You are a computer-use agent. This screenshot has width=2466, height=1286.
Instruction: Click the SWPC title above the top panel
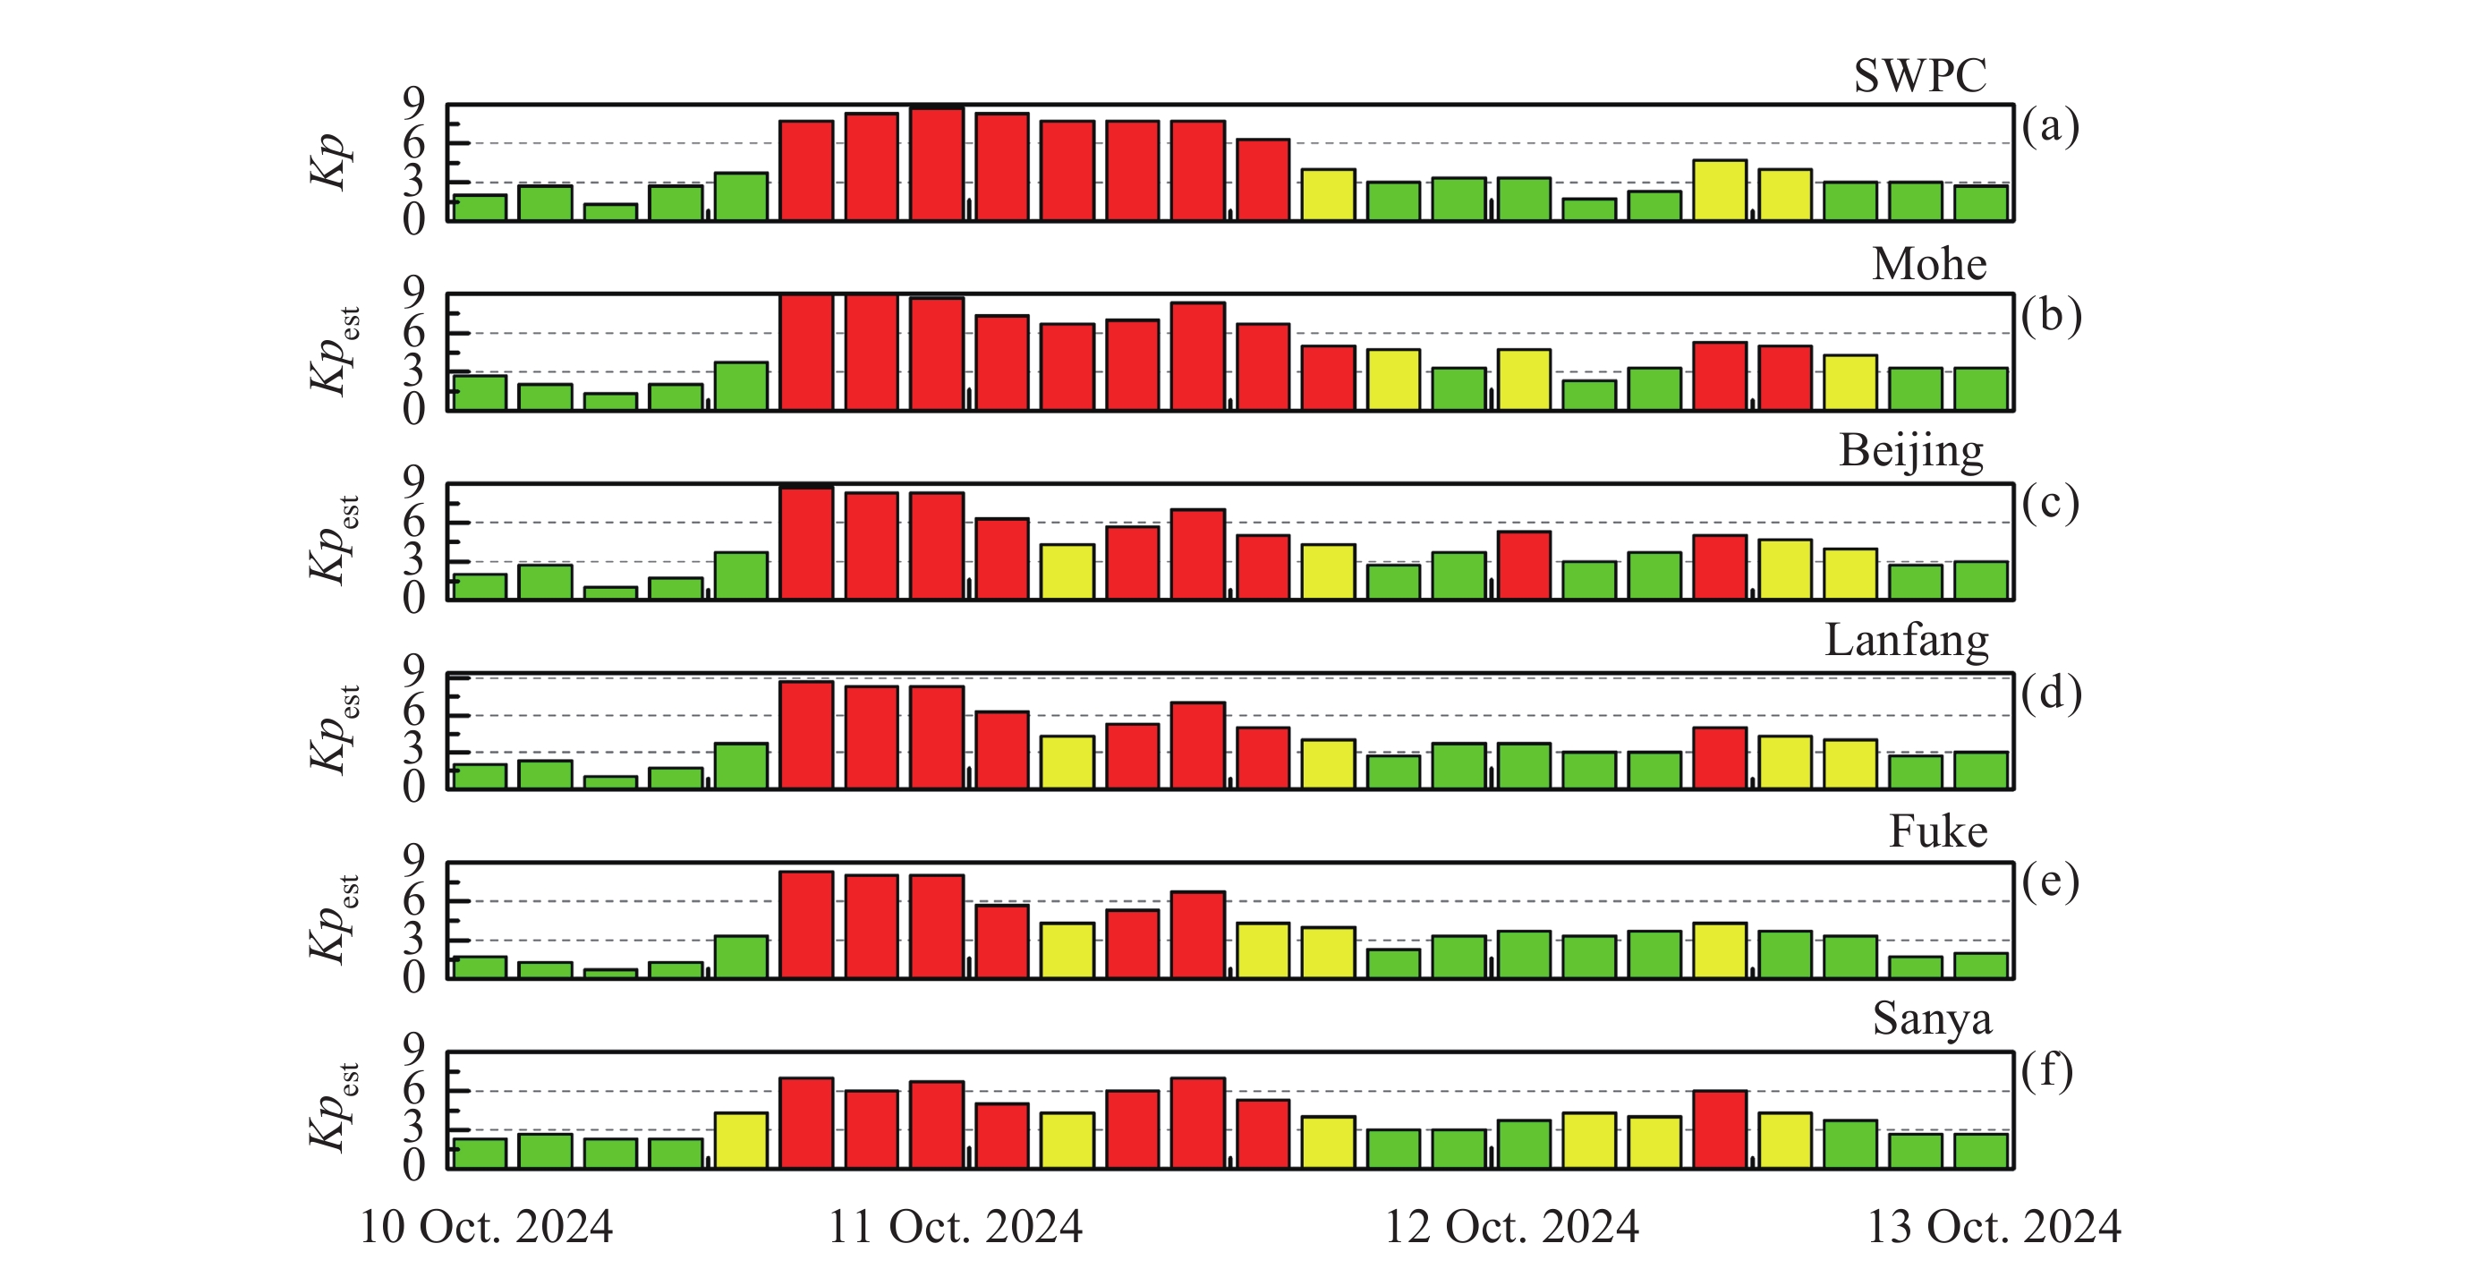coord(1919,76)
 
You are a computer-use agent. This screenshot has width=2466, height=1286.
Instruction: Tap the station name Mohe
coord(1929,263)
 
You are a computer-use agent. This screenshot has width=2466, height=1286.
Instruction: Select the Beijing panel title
coord(1910,450)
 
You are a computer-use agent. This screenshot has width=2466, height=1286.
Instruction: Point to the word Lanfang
coord(1906,640)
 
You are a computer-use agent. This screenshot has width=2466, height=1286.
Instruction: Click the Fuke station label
coord(1937,831)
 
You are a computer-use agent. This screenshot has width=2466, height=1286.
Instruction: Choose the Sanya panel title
coord(1932,1018)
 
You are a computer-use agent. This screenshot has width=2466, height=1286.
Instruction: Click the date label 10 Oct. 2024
coord(485,1227)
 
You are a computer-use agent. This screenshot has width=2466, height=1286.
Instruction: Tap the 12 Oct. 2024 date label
coord(1511,1227)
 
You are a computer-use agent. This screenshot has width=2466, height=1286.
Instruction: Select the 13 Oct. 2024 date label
coord(1994,1227)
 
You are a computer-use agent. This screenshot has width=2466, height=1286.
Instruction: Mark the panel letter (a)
coord(2050,125)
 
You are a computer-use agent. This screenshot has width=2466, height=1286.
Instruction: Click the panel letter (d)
coord(2051,693)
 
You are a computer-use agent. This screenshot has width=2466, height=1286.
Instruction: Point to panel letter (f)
coord(2046,1069)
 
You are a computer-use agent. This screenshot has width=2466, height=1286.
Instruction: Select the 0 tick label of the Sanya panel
coord(412,1165)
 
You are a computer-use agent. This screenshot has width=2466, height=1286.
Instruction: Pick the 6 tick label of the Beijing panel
coord(412,522)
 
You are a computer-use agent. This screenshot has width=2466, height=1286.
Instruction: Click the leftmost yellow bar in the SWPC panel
coord(1328,195)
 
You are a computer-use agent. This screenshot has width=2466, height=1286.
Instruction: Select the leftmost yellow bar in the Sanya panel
coord(741,1140)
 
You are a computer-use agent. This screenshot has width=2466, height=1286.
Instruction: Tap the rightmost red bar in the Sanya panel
coord(1719,1130)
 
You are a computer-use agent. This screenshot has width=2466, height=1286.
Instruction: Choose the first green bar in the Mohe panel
coord(480,394)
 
